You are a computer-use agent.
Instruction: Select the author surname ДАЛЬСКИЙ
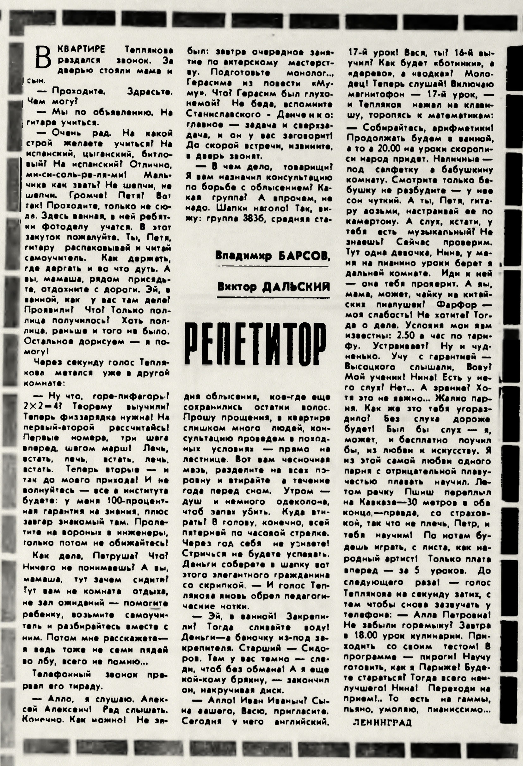point(295,286)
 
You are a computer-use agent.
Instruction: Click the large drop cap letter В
point(43,58)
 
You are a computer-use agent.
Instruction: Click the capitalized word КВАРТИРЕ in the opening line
point(81,49)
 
